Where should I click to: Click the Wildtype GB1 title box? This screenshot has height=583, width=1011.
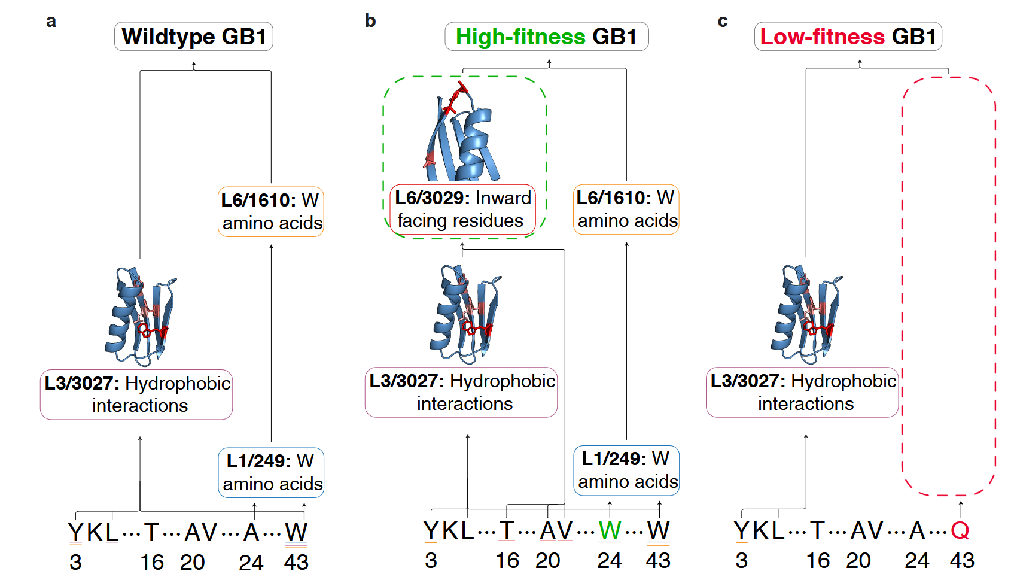(x=194, y=36)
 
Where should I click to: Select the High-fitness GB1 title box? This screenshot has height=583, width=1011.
(x=547, y=36)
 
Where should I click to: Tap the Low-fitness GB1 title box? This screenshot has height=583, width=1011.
(x=848, y=36)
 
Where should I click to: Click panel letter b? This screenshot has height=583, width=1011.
(x=370, y=21)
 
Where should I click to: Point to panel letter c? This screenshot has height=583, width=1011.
(x=723, y=21)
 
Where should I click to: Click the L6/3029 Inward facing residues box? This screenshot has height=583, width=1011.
(x=463, y=209)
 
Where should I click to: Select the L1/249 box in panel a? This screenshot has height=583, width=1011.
(x=271, y=472)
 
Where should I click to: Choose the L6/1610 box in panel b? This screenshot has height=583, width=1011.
(x=626, y=209)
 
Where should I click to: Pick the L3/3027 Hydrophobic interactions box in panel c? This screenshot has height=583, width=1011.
(x=802, y=392)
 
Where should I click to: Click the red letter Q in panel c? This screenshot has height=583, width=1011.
(x=960, y=530)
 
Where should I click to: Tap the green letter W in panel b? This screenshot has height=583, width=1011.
(x=610, y=530)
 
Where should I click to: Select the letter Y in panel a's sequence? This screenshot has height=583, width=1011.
(x=75, y=532)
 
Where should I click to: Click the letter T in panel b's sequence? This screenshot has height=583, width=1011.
(x=507, y=530)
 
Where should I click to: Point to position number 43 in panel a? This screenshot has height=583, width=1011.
(x=296, y=563)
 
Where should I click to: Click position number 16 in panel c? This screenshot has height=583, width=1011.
(x=818, y=561)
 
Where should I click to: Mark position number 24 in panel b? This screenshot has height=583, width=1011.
(x=610, y=561)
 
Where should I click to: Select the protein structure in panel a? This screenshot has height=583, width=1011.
(x=141, y=316)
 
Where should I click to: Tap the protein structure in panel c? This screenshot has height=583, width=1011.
(x=807, y=314)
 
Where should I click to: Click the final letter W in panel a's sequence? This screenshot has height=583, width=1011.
(x=296, y=532)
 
